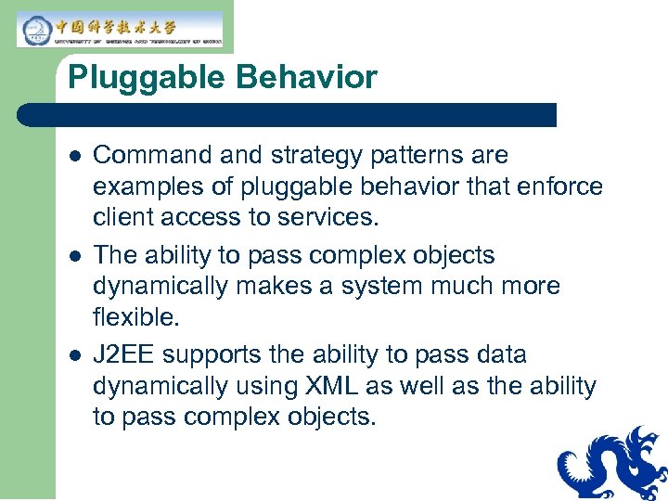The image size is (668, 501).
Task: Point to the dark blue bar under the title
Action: pyautogui.click(x=288, y=115)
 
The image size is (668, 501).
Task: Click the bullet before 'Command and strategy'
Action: pyautogui.click(x=75, y=156)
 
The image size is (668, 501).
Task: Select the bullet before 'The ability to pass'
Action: pyautogui.click(x=75, y=256)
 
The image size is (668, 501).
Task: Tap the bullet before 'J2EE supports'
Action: pyautogui.click(x=75, y=356)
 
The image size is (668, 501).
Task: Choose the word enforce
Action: pyautogui.click(x=563, y=186)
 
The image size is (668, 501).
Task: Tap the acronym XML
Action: pyautogui.click(x=327, y=387)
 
